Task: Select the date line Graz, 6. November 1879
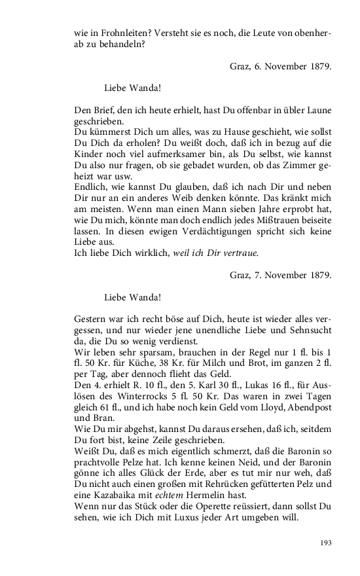click(x=281, y=66)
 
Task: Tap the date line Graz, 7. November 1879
click(x=281, y=275)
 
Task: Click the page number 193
click(x=325, y=543)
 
